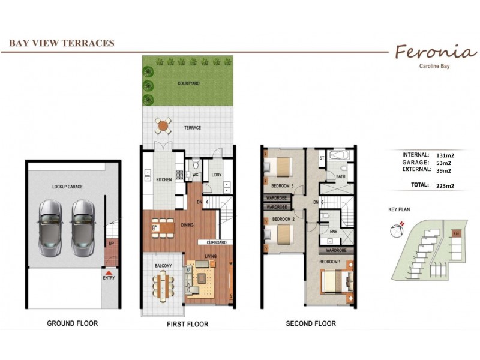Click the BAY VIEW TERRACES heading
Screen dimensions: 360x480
click(62, 43)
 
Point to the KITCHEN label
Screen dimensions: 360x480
click(164, 179)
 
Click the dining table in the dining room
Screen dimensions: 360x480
click(163, 227)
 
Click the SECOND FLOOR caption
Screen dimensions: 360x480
click(310, 323)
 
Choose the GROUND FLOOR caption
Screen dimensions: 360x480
click(72, 323)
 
